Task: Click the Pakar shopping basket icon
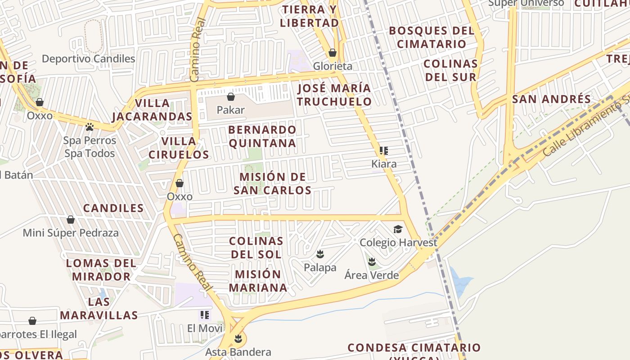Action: tap(231, 97)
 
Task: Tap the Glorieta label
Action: tap(333, 66)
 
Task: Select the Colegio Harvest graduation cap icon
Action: tap(398, 229)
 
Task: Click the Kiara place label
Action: tap(384, 164)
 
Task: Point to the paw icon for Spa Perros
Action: tap(90, 127)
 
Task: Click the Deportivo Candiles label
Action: tap(89, 58)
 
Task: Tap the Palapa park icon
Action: tap(320, 254)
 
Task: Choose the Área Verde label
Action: tap(372, 275)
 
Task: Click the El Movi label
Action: tap(205, 328)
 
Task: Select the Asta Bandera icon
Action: tap(238, 339)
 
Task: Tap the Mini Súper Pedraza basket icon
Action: tap(71, 220)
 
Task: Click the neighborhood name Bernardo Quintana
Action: tap(262, 136)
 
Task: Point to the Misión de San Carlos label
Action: tap(273, 184)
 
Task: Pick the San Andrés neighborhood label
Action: tap(551, 99)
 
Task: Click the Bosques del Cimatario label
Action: tap(432, 37)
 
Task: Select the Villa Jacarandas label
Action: tap(152, 110)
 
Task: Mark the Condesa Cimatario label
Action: tap(414, 348)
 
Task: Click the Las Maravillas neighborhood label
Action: tap(99, 308)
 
